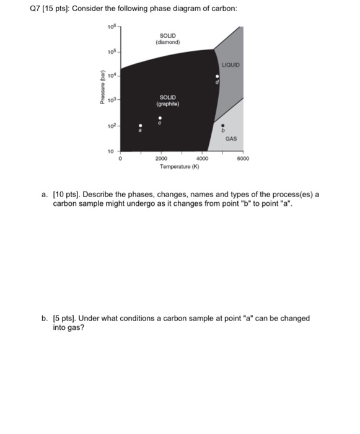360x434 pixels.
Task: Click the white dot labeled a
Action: pyautogui.click(x=140, y=125)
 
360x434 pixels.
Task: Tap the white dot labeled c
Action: pyautogui.click(x=160, y=117)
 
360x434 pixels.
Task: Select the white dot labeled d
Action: pyautogui.click(x=217, y=77)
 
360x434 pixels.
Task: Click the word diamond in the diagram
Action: pyautogui.click(x=168, y=42)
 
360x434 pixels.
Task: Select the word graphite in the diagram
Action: pyautogui.click(x=168, y=104)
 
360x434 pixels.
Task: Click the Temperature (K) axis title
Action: pyautogui.click(x=178, y=167)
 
